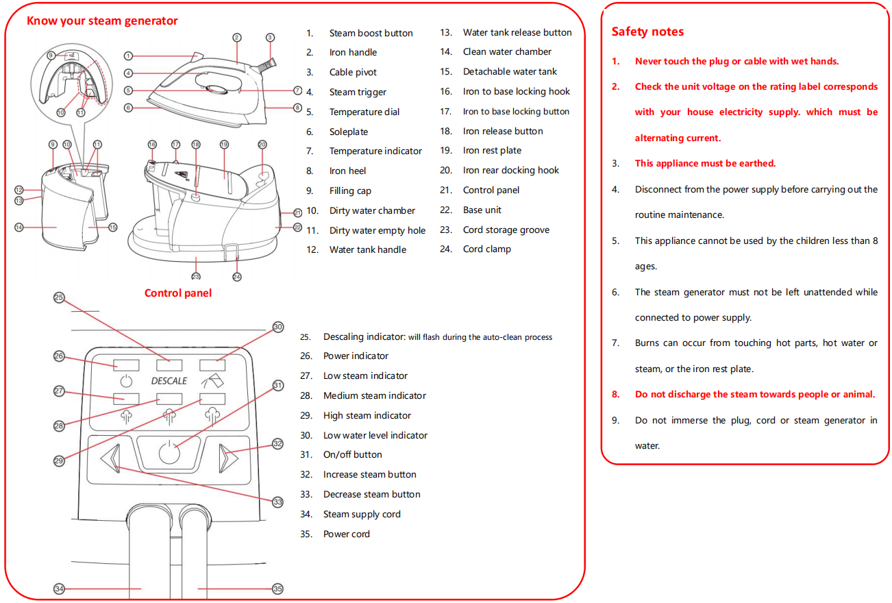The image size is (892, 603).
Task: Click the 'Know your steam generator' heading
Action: [102, 21]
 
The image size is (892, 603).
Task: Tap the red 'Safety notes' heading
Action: [647, 32]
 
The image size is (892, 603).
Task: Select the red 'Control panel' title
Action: [177, 293]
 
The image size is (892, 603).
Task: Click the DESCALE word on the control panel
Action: [169, 380]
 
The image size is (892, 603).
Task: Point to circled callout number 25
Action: [59, 297]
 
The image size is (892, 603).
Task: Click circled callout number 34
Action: [59, 589]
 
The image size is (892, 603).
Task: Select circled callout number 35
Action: [277, 589]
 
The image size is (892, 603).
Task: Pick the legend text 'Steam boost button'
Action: [371, 33]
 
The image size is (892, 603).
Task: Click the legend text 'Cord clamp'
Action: [486, 249]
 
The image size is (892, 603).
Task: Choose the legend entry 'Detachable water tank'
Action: [510, 72]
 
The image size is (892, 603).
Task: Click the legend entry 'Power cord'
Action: [346, 534]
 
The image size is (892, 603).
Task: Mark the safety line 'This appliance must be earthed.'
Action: [705, 164]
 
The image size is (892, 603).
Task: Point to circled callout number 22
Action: [297, 227]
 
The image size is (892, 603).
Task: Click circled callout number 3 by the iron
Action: [270, 38]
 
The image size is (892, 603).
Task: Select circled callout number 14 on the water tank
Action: [20, 227]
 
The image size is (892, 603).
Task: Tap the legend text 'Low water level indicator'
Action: [375, 435]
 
